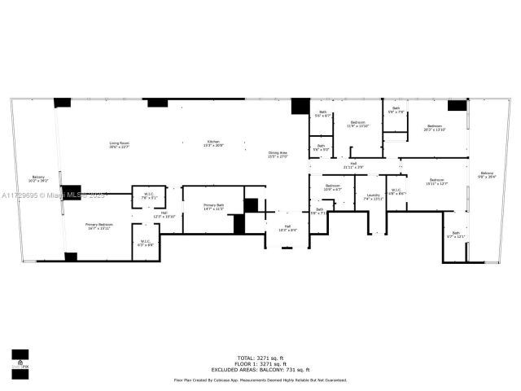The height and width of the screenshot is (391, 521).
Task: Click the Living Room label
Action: (120, 145)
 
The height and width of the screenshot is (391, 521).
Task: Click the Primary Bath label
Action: (213, 209)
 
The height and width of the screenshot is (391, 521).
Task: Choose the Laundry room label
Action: (373, 196)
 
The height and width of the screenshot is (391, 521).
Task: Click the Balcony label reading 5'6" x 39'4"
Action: (487, 174)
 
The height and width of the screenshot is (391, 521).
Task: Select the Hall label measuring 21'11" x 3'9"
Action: (353, 165)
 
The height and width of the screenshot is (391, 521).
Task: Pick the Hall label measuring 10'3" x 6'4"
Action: (287, 228)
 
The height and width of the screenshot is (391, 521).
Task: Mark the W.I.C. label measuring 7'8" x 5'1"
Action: (149, 195)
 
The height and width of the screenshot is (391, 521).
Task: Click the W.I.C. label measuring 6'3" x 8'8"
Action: (147, 243)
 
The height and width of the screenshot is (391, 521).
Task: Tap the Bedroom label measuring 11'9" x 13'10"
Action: (358, 125)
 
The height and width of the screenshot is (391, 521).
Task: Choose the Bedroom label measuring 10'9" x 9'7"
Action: (332, 188)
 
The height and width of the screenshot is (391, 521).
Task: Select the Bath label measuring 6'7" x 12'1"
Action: (456, 235)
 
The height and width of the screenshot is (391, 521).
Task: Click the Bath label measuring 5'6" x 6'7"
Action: (322, 114)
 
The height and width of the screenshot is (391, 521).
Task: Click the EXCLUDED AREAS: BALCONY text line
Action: (260, 369)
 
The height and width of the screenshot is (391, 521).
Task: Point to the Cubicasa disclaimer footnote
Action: (260, 380)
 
